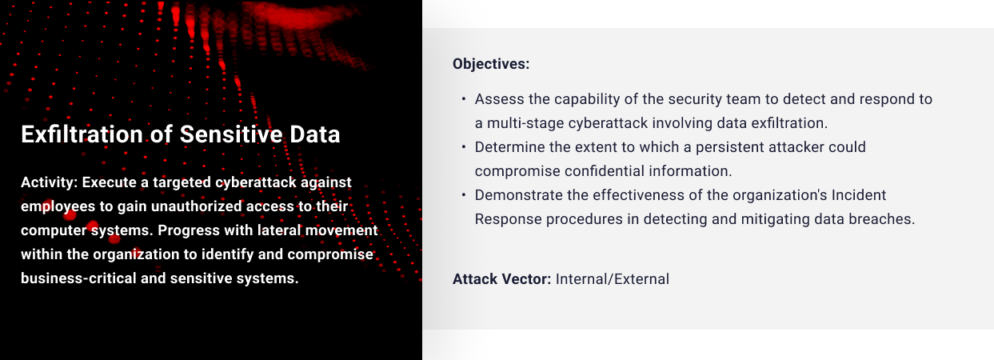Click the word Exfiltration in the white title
(x=82, y=134)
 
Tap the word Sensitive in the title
(x=231, y=134)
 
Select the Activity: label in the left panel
(x=50, y=182)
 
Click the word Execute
(x=110, y=182)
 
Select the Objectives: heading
(x=491, y=64)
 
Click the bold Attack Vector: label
(x=502, y=279)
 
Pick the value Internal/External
(x=613, y=279)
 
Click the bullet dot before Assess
(x=464, y=98)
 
